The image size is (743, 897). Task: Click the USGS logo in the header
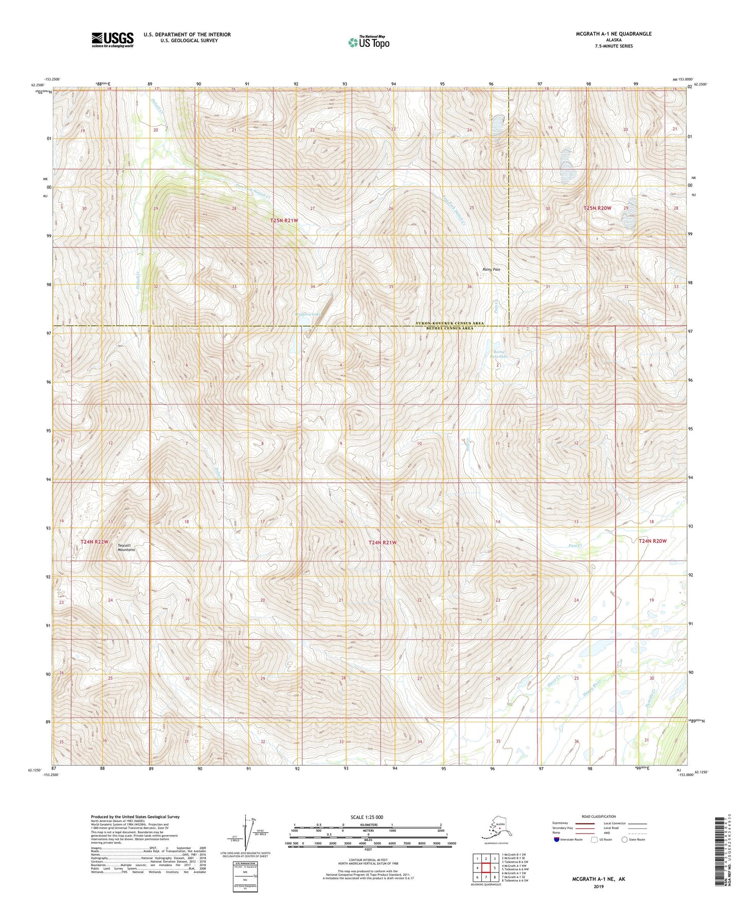112,40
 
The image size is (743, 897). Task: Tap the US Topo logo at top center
368,42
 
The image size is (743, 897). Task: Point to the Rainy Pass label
491,269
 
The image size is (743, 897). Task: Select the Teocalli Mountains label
126,548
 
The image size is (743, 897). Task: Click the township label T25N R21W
284,220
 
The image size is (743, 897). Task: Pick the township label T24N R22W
94,542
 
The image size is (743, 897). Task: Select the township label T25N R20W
597,208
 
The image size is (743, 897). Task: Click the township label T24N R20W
653,541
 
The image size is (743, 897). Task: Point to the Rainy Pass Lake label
498,353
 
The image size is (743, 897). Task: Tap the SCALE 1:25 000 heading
367,817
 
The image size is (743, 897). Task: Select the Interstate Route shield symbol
557,839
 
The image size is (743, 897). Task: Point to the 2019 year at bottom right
598,886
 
